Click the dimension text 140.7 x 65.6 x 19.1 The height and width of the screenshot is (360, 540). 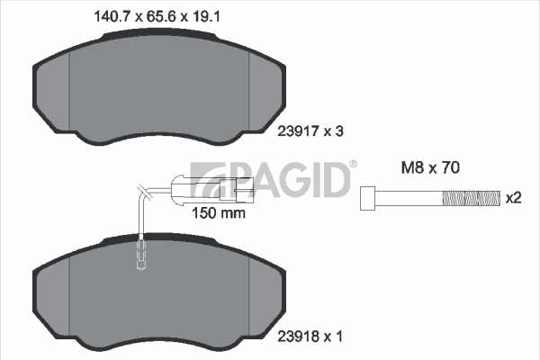pos(157,16)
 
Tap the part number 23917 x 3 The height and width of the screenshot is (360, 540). pos(310,131)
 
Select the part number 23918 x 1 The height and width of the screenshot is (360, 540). pos(310,337)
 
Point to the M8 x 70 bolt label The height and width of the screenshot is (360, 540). pos(430,167)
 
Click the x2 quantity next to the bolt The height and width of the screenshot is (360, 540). pos(513,198)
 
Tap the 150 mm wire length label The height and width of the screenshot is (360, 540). pos(219,213)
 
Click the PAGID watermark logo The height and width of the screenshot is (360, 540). pos(270,179)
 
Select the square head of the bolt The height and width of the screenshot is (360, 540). pos(367,198)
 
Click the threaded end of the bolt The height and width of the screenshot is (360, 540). pos(471,198)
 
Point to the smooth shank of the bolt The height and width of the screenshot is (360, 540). pos(409,198)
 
